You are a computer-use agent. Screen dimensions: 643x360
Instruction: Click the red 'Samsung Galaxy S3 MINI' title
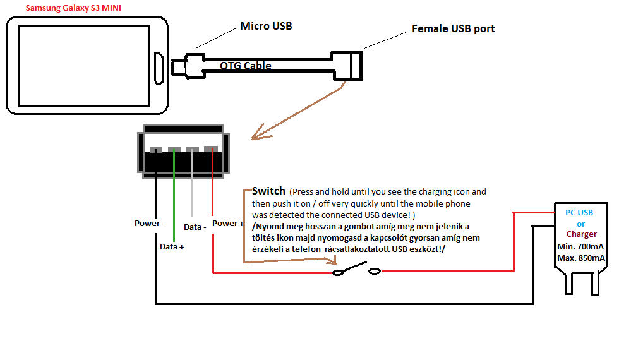click(73, 8)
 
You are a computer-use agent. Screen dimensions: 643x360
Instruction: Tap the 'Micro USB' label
click(266, 26)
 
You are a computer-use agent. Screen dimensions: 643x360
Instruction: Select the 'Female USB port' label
click(453, 28)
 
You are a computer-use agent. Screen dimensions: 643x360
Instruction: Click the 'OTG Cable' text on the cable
click(246, 66)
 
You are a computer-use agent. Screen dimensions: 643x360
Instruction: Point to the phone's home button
click(159, 68)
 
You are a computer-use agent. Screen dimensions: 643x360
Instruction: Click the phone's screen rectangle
click(84, 66)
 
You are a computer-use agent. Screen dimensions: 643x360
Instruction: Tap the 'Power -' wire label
click(149, 224)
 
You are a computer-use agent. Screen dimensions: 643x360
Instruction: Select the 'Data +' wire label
click(172, 247)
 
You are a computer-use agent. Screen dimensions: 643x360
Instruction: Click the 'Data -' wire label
click(195, 227)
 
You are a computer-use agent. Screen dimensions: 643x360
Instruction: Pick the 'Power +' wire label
click(228, 224)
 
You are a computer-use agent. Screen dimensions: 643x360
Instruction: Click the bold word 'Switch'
click(268, 191)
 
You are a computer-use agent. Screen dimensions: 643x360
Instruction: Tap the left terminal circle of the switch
click(338, 273)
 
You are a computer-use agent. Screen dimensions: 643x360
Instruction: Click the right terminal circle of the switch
click(375, 271)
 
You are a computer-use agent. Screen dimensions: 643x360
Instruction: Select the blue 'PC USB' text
click(579, 212)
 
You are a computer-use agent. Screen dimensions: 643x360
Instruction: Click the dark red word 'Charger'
click(582, 234)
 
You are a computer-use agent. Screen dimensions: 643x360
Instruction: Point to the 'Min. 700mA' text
click(580, 247)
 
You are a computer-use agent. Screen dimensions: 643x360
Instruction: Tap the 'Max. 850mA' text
click(580, 258)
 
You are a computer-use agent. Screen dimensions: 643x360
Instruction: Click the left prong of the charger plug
click(569, 284)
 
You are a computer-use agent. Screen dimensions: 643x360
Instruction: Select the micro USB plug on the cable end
click(188, 66)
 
